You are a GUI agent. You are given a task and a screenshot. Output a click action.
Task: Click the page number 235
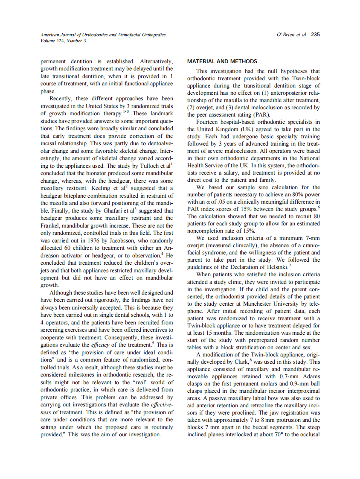pos(315,35)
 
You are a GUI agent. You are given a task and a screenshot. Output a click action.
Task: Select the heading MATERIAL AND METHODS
pos(222,61)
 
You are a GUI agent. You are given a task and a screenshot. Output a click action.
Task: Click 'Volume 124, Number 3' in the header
pos(63,41)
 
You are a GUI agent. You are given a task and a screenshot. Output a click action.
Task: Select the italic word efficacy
pos(100,345)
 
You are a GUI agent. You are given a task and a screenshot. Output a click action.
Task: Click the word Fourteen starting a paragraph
pos(209,122)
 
